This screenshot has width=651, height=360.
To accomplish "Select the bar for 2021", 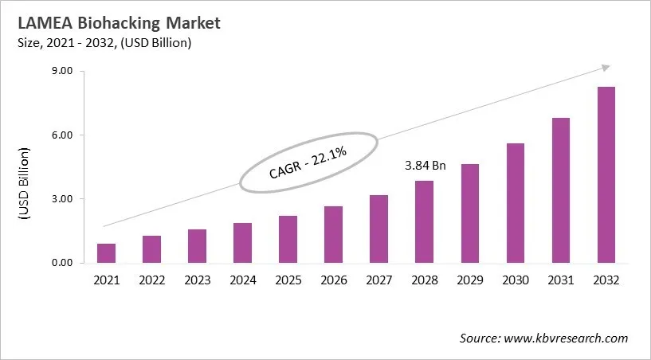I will pos(106,253).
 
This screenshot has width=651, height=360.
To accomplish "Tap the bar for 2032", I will pos(606,175).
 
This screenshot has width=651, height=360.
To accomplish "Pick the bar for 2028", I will pos(424,222).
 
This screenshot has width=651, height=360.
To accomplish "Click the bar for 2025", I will pos(288,239).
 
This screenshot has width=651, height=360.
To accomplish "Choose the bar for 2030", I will pos(515,203).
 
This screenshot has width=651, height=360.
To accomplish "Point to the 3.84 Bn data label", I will pos(424,166).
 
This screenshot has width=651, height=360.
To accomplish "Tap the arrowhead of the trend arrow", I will pos(606,68).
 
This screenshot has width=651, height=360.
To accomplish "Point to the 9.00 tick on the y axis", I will pos(61,72).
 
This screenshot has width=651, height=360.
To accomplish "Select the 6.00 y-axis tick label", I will pos(61,135).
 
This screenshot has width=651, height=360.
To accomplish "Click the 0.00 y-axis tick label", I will pos(61,263).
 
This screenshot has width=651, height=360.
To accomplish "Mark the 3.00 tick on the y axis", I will pos(61,199).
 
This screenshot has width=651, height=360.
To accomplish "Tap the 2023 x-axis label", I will pos(197,280).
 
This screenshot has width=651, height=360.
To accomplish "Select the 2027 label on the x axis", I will pos(378,280).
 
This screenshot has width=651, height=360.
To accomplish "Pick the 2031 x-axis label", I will pos(560,280).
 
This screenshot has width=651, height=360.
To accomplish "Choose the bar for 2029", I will pos(469,213).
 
